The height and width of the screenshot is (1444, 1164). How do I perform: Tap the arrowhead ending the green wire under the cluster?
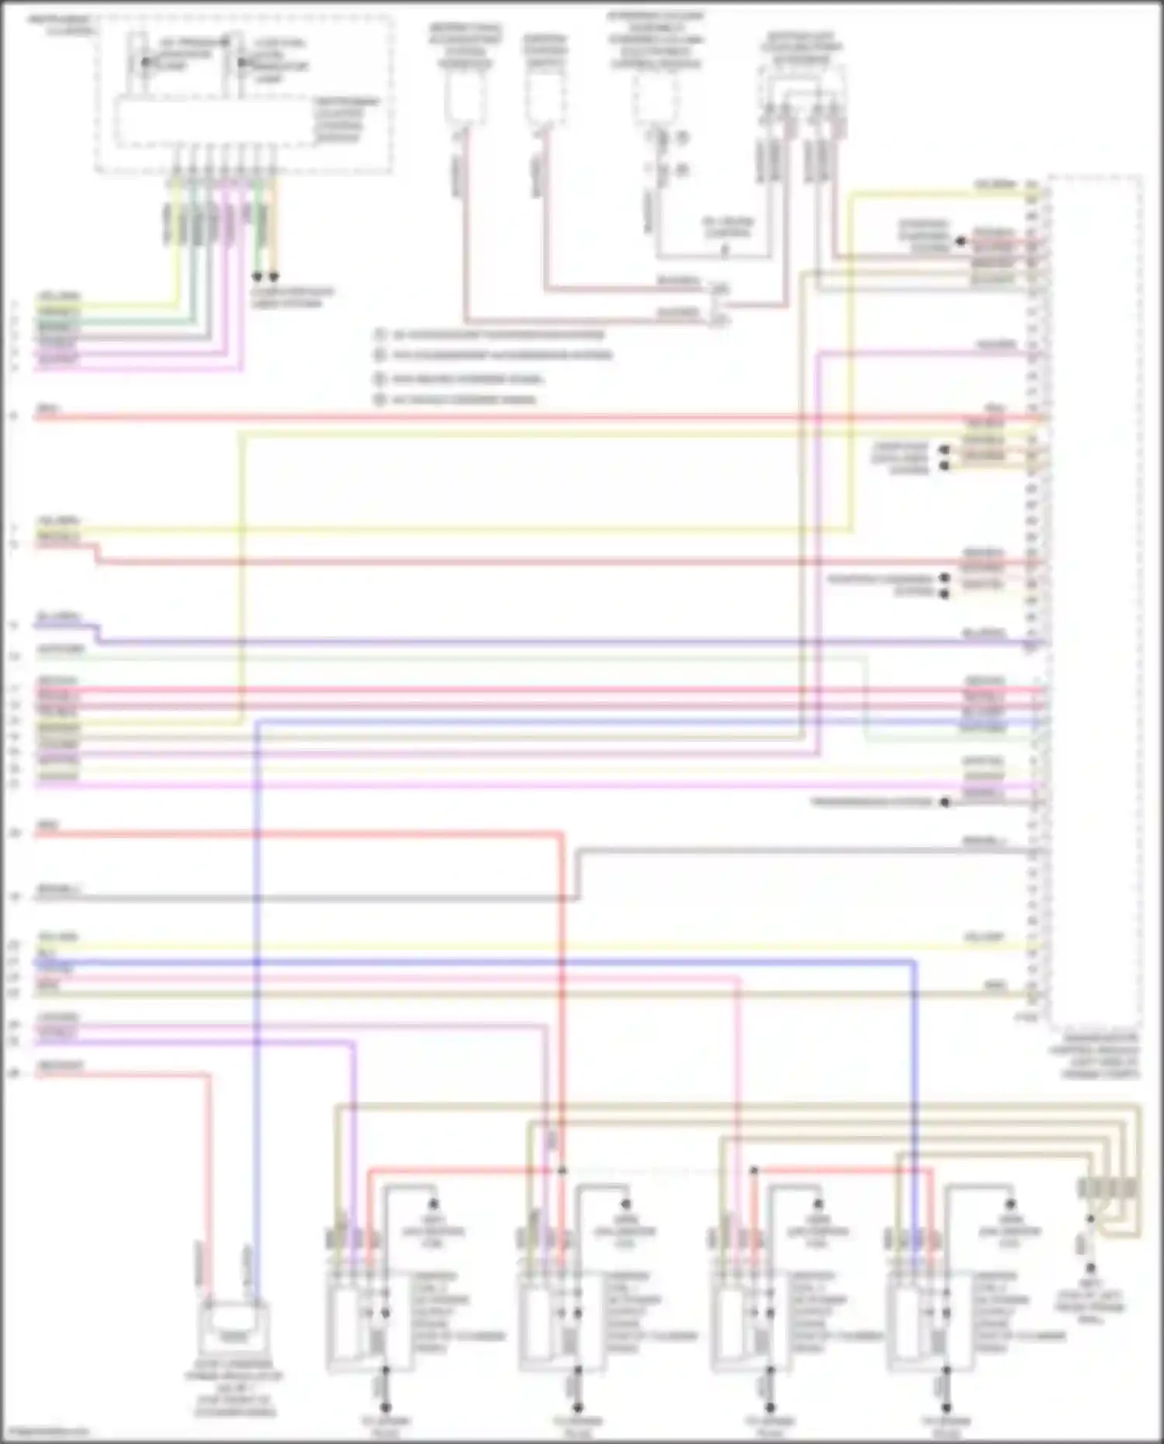click(x=258, y=276)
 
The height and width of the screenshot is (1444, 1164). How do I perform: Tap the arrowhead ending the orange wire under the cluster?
click(x=273, y=276)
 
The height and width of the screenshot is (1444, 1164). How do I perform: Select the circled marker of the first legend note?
click(x=380, y=335)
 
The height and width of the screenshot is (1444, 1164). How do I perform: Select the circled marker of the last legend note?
click(x=380, y=400)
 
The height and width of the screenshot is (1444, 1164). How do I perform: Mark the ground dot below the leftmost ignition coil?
click(x=385, y=1407)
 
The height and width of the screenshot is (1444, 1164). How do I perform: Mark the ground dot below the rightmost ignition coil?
click(x=946, y=1407)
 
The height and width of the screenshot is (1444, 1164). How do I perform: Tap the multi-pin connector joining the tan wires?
click(x=1108, y=1188)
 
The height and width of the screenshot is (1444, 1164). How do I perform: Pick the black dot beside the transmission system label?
click(x=944, y=802)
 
